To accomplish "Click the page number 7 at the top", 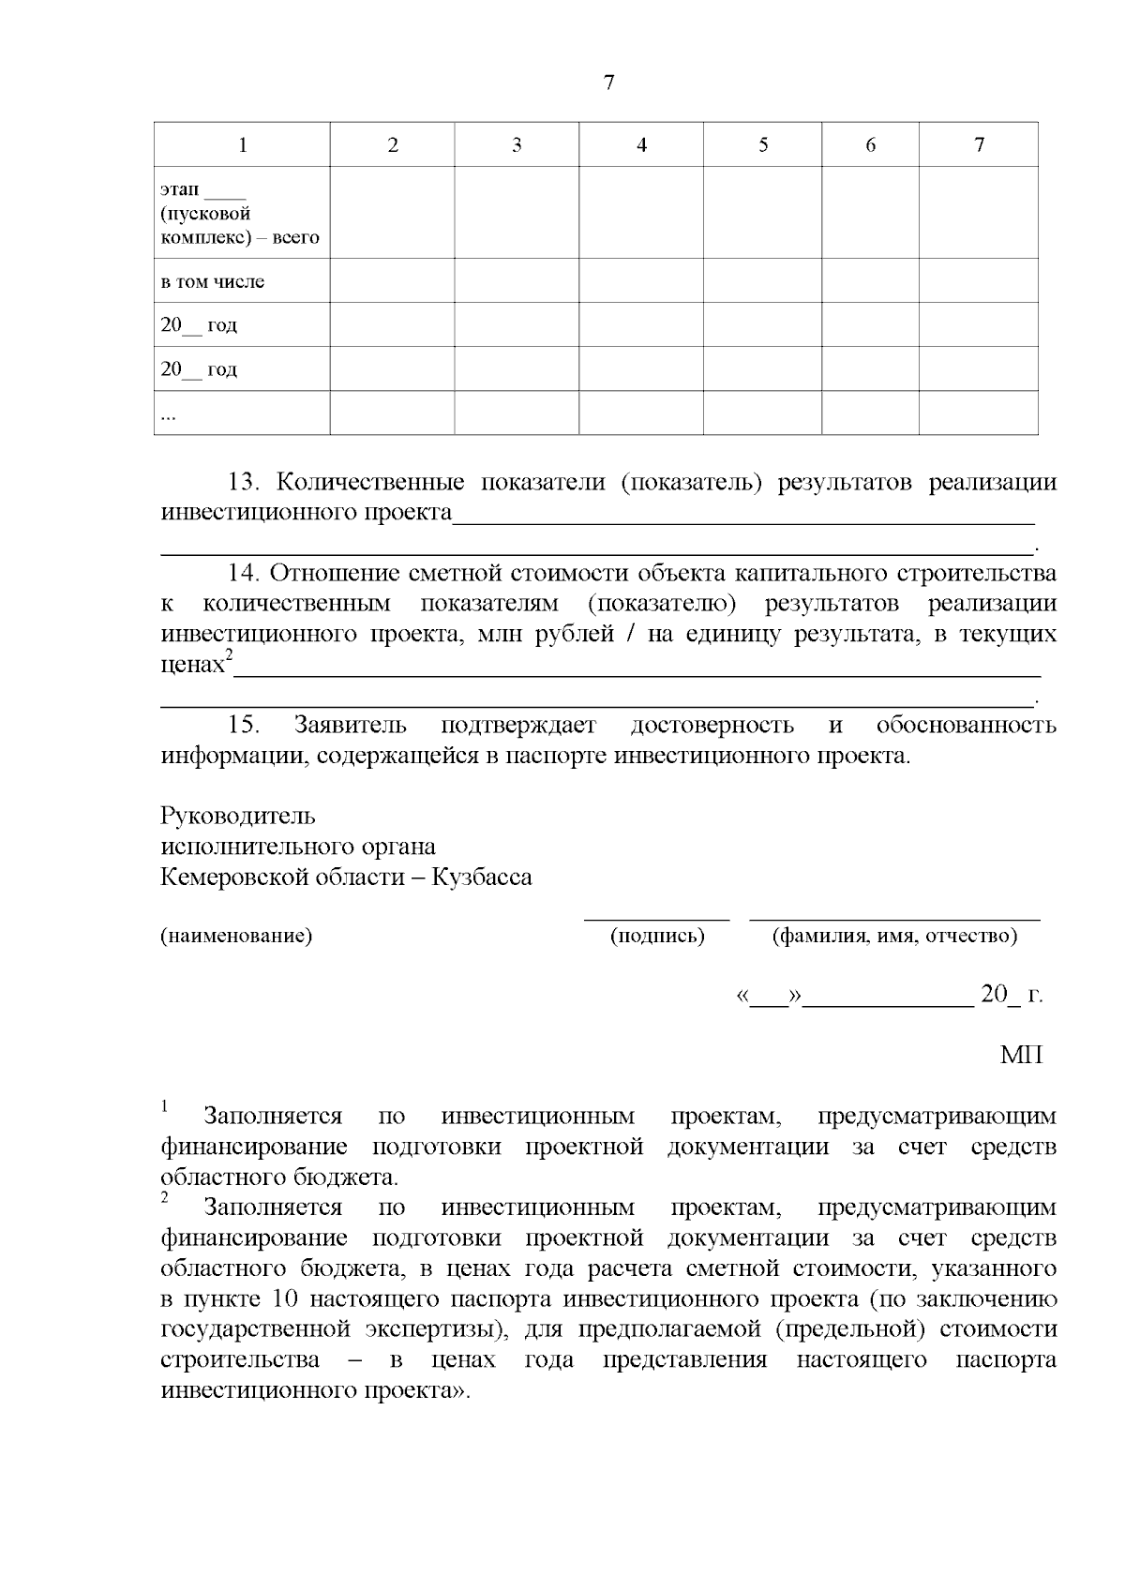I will (x=608, y=83).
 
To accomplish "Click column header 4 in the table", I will (x=641, y=145).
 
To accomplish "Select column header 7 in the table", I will (x=979, y=145).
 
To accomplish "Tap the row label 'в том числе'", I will (x=213, y=281).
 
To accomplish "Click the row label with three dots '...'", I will (x=168, y=415).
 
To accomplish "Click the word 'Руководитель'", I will (x=238, y=816).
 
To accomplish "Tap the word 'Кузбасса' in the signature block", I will (x=481, y=878).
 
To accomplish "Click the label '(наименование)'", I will (x=235, y=936).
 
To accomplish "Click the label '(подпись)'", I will (x=657, y=936).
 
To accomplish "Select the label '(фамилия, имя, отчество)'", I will (x=894, y=936).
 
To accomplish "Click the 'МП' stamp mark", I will (x=1021, y=1056).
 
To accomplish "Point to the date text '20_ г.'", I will (x=1011, y=996).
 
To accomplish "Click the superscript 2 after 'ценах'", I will (x=229, y=656).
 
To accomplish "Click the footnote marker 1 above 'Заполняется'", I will (x=165, y=1107).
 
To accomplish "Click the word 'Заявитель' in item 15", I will (x=350, y=725).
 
